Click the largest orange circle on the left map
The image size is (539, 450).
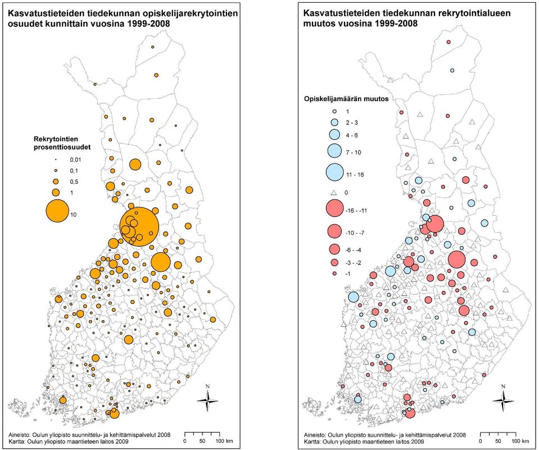pyautogui.click(x=139, y=227)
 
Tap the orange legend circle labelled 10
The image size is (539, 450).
pyautogui.click(x=57, y=211)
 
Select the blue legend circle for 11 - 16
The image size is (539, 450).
pyautogui.click(x=334, y=172)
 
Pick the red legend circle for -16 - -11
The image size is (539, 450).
pyautogui.click(x=334, y=208)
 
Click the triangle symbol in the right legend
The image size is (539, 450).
pyautogui.click(x=333, y=192)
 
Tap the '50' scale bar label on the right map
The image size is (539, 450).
pyautogui.click(x=498, y=441)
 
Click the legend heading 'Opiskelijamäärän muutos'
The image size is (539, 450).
pyautogui.click(x=346, y=99)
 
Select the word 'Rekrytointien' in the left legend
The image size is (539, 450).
pyautogui.click(x=56, y=139)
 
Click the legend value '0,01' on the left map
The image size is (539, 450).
pyautogui.click(x=76, y=160)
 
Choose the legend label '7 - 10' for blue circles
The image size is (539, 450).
pyautogui.click(x=354, y=152)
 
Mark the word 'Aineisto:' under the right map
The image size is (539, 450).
pyautogui.click(x=315, y=435)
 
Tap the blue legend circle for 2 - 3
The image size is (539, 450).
pyautogui.click(x=334, y=122)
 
